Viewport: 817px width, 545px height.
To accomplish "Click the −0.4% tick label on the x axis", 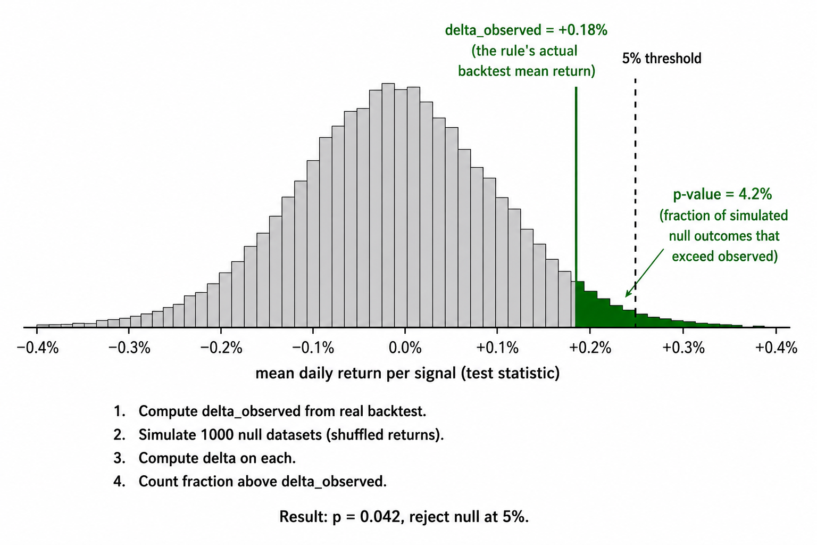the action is (x=38, y=348).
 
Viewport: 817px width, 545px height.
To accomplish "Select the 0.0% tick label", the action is (x=405, y=348).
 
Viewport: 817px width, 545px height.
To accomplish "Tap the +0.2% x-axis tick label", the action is (x=590, y=348).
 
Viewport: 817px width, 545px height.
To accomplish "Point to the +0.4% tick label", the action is (x=776, y=348).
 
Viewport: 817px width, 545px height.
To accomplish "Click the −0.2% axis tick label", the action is (x=221, y=348).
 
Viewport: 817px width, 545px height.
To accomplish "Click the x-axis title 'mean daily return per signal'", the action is (x=356, y=374).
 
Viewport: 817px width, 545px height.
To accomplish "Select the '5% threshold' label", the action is (x=662, y=59).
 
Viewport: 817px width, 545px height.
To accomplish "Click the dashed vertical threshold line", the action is (x=636, y=203).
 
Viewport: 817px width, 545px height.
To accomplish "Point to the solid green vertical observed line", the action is (x=576, y=207).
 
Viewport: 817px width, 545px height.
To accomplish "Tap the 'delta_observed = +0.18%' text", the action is (x=526, y=30).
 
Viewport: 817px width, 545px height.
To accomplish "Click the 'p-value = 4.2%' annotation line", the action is (x=722, y=194).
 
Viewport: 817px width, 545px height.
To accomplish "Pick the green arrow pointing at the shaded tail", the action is (x=645, y=273).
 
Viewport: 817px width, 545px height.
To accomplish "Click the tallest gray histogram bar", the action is (x=388, y=205).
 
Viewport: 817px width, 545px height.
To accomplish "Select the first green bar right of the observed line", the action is (x=580, y=304).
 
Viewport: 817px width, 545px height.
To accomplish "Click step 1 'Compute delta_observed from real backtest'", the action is (x=270, y=411).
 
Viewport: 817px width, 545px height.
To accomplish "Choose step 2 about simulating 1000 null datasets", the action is (x=279, y=435).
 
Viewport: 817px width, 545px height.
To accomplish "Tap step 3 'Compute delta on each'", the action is (x=205, y=458).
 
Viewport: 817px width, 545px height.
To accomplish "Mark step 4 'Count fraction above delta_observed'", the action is (x=250, y=482).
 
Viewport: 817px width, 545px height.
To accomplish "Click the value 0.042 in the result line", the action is (x=380, y=517).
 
